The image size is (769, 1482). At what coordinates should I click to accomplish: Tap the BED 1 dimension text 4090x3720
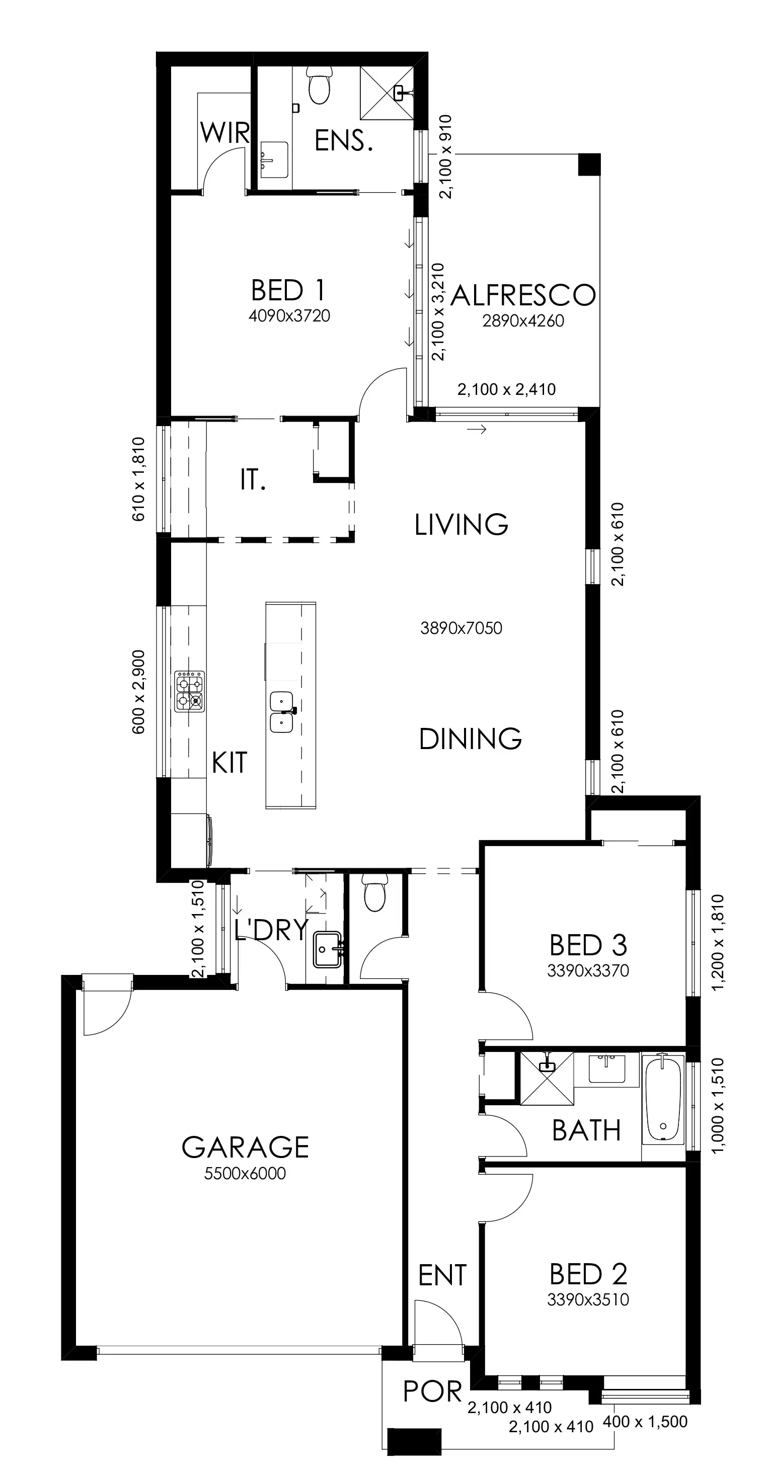pyautogui.click(x=289, y=316)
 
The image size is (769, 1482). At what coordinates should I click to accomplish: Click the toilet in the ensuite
pyautogui.click(x=320, y=85)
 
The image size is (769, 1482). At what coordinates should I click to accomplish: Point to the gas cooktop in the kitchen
pyautogui.click(x=190, y=692)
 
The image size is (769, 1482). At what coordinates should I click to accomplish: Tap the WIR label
pyautogui.click(x=225, y=133)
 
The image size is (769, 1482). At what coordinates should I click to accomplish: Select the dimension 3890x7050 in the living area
pyautogui.click(x=461, y=628)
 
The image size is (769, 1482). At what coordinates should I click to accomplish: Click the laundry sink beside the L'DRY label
pyautogui.click(x=329, y=950)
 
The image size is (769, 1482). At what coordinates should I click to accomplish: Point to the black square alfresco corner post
pyautogui.click(x=589, y=164)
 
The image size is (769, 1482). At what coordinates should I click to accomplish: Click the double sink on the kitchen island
pyautogui.click(x=282, y=712)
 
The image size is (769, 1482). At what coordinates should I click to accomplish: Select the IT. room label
pyautogui.click(x=253, y=479)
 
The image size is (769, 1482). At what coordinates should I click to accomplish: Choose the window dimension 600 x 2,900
pyautogui.click(x=139, y=692)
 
